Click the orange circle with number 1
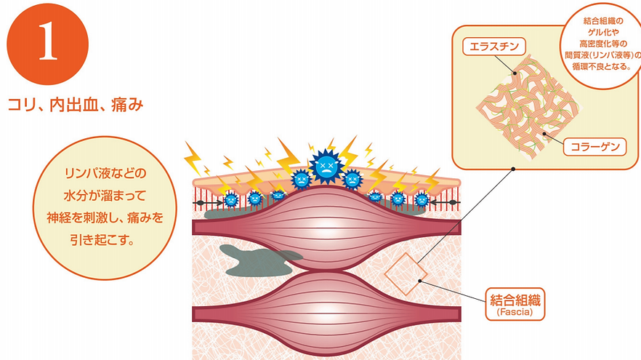point(47,43)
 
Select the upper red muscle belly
point(327,227)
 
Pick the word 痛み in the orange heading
point(127,105)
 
